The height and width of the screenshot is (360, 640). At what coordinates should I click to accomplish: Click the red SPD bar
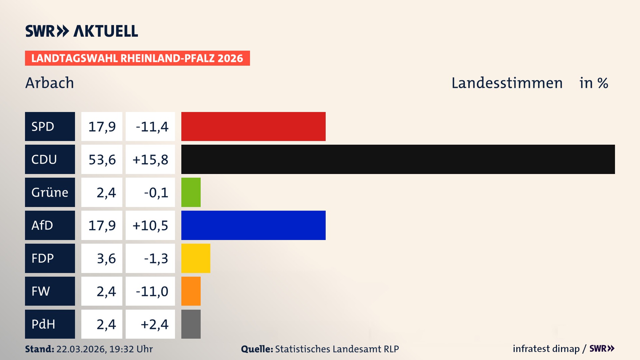pos(253,126)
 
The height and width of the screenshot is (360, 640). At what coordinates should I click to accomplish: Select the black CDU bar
pos(398,159)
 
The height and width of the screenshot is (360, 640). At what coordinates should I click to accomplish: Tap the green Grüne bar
pos(191,192)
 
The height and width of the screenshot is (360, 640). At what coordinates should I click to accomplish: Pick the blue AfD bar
pos(253,225)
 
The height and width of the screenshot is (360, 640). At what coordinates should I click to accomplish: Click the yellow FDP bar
pos(196,258)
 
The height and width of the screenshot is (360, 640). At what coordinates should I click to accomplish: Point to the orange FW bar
pos(191,291)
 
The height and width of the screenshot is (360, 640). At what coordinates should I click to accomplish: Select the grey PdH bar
pos(191,324)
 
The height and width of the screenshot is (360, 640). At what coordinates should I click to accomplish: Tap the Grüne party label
pos(50,192)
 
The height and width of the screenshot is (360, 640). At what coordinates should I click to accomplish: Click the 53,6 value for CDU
pos(102,160)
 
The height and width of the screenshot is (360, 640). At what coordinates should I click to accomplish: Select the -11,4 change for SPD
pos(152,127)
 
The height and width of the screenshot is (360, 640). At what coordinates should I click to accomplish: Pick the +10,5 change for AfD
pos(150,226)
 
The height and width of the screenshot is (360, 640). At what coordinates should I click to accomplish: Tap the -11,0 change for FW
pos(152,292)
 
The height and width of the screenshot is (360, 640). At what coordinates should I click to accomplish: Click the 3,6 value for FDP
pos(106,259)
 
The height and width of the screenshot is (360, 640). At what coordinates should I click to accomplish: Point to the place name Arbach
pos(50,83)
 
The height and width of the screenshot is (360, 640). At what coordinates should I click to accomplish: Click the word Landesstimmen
pos(507,83)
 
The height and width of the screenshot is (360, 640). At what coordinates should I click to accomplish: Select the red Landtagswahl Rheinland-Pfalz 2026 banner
pos(137,58)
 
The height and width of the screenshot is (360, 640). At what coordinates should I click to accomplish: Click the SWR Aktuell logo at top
pos(82,31)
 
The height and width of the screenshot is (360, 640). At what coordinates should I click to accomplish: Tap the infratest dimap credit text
pos(546,349)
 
